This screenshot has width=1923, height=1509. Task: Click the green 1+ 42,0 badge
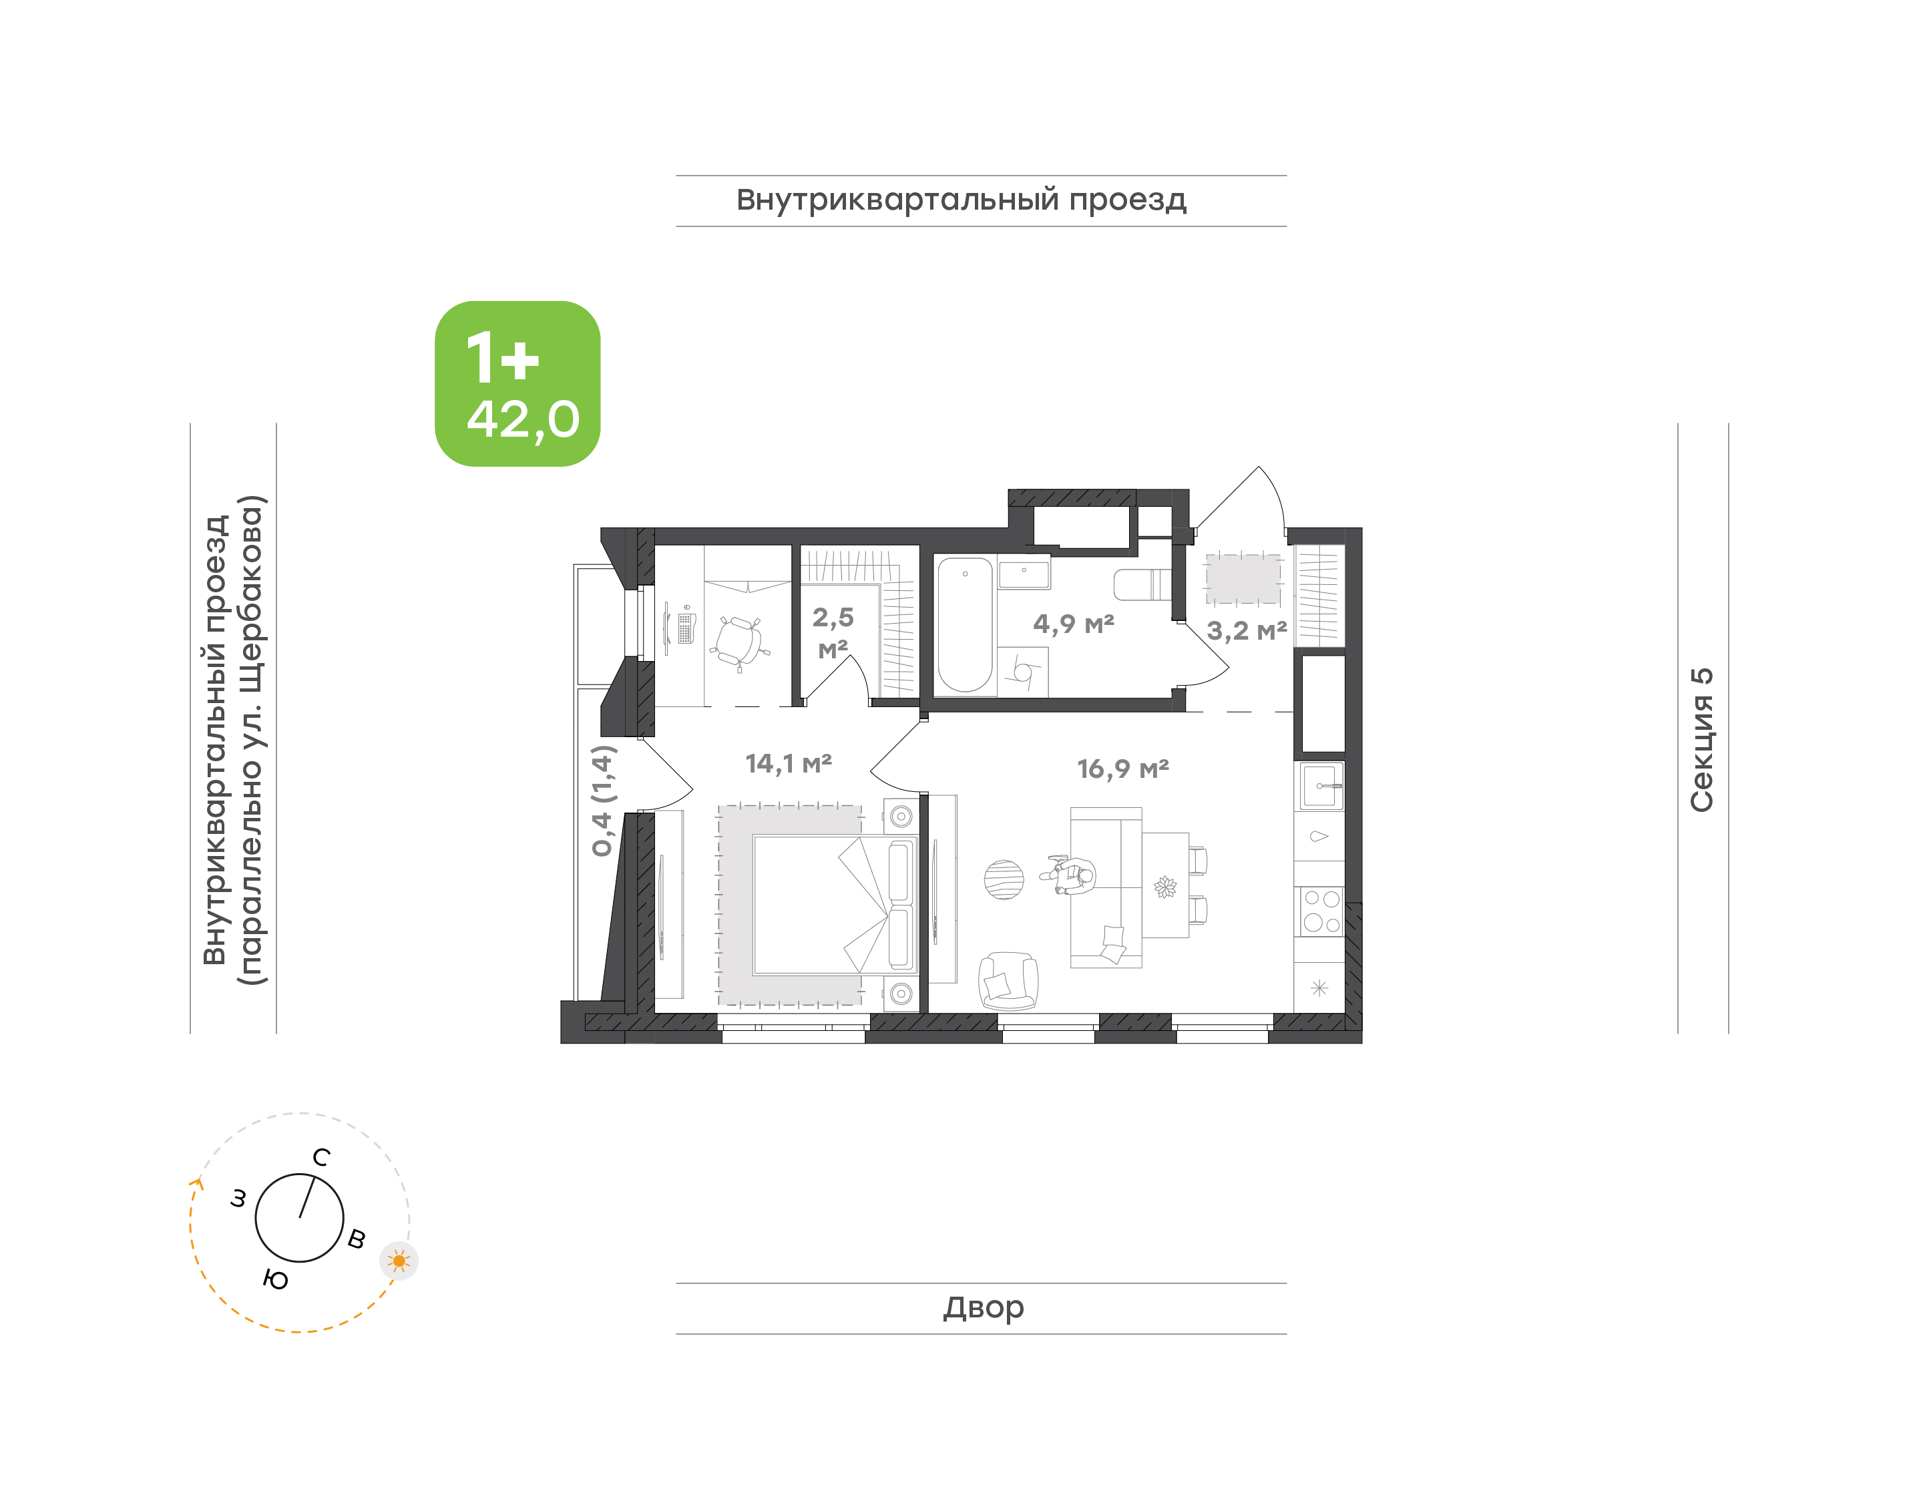pos(517,383)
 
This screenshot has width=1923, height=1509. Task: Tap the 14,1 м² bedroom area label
pos(788,763)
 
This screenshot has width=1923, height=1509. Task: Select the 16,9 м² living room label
pos(1122,769)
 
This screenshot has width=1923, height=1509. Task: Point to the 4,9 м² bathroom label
pos(1073,624)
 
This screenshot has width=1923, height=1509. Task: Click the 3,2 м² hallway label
pos(1247,631)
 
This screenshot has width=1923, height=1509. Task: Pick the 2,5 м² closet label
pos(833,632)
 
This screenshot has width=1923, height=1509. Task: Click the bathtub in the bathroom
pos(965,624)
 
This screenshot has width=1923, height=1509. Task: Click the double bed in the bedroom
pos(835,905)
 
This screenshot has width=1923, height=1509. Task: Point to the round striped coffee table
pos(1004,880)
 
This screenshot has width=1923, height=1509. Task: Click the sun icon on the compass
pos(399,1261)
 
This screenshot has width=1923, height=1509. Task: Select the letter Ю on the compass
pos(276,1279)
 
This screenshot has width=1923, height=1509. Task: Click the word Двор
pos(983,1307)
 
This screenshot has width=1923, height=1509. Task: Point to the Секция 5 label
pos(1701,740)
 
